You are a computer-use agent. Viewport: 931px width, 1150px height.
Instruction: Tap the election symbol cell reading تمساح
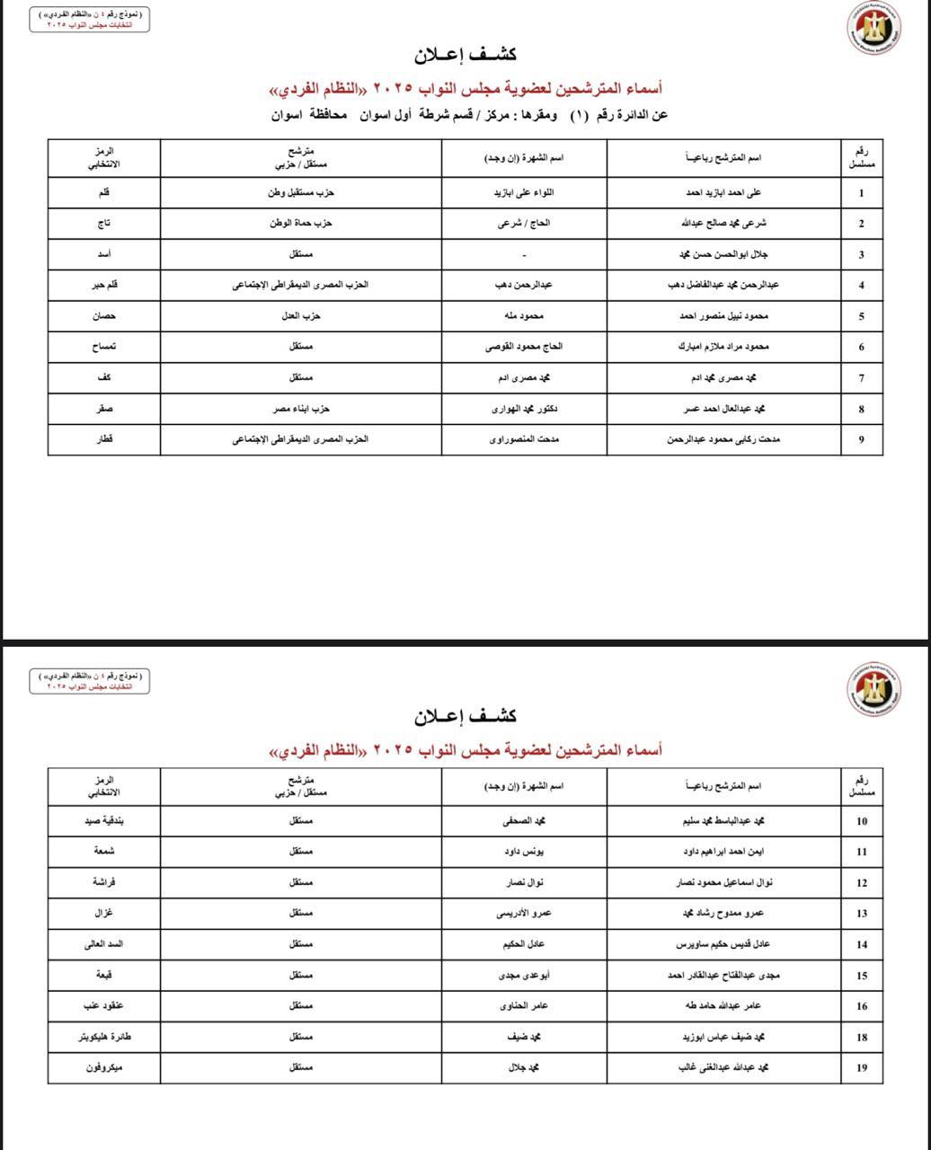click(104, 347)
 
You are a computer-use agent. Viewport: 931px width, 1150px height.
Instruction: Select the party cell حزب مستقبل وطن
click(301, 193)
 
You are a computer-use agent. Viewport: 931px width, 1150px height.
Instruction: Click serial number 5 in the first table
click(862, 316)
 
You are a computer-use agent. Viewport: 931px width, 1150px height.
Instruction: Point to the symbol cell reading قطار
click(104, 439)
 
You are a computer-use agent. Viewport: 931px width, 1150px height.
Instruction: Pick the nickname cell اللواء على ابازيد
click(524, 193)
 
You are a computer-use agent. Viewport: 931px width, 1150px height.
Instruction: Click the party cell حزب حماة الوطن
click(301, 224)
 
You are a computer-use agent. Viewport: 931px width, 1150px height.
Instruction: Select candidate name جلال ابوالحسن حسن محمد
click(723, 254)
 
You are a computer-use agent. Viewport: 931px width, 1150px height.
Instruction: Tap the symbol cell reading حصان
click(104, 316)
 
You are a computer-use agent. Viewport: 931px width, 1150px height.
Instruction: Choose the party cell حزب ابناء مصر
click(301, 409)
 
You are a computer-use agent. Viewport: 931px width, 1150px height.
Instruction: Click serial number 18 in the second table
click(862, 1038)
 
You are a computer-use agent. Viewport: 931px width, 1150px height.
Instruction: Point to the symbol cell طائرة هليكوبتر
click(104, 1037)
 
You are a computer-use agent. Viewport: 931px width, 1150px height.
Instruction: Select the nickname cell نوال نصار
click(524, 882)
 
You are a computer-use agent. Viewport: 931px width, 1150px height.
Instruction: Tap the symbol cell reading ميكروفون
click(104, 1067)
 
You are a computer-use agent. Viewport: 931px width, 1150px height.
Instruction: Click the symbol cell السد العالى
click(104, 944)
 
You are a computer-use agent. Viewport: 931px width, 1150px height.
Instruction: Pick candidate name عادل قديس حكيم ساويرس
click(723, 944)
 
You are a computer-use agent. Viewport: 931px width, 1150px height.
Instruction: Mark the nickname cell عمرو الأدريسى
click(524, 914)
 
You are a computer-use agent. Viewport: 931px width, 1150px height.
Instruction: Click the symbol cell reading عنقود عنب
click(104, 1006)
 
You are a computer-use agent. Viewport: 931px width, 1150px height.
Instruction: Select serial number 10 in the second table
click(862, 821)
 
